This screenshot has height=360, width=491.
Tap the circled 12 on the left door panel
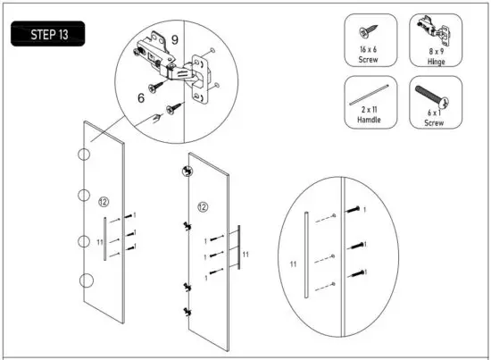[x=104, y=199]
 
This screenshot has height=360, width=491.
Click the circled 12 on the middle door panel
[x=203, y=207]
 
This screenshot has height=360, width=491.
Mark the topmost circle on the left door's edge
[x=83, y=155]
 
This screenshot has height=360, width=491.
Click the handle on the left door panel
[x=105, y=239]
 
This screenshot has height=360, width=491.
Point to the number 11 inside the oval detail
[x=293, y=264]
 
